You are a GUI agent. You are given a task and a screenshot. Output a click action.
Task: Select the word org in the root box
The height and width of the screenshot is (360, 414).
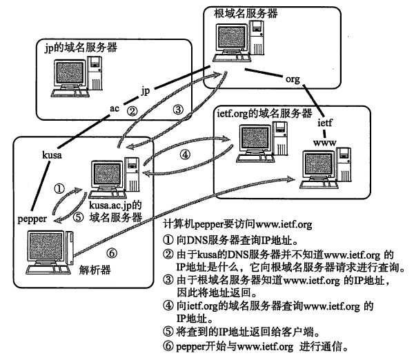point(293,79)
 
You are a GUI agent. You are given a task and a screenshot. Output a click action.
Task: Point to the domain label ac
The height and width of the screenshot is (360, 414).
point(115,109)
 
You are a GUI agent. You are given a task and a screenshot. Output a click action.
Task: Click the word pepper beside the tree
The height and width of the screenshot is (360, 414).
point(32,218)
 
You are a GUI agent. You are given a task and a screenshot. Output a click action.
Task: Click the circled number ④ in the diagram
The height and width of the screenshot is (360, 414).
point(184,154)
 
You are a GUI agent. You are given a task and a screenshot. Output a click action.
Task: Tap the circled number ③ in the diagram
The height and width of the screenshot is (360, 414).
point(177,108)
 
